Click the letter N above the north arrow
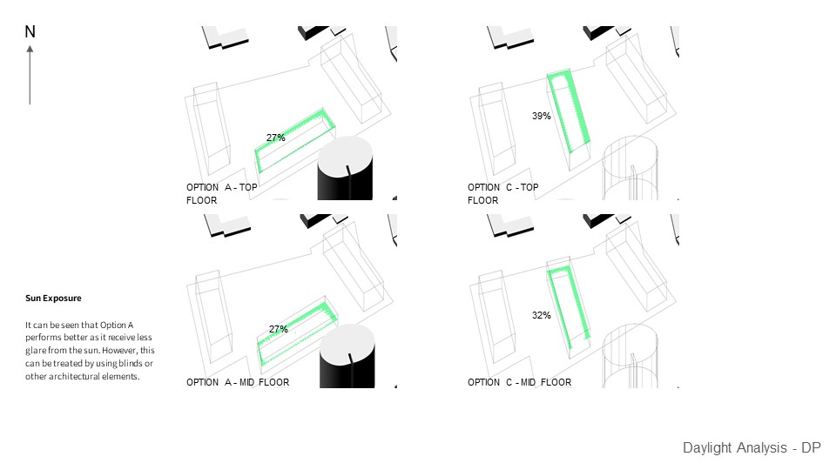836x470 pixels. (30, 32)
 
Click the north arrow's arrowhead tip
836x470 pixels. (30, 47)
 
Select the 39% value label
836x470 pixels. (541, 116)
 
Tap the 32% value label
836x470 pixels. (541, 315)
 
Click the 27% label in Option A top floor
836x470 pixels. (276, 138)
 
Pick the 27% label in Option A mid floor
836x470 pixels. (278, 329)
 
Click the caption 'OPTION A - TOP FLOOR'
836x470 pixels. (221, 193)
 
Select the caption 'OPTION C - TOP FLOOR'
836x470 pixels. (502, 193)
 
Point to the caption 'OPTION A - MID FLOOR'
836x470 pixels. (238, 382)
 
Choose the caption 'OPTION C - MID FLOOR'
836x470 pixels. (519, 382)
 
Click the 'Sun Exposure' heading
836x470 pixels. (53, 299)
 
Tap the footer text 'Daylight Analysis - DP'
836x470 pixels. (752, 448)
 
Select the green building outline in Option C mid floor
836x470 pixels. (570, 306)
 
